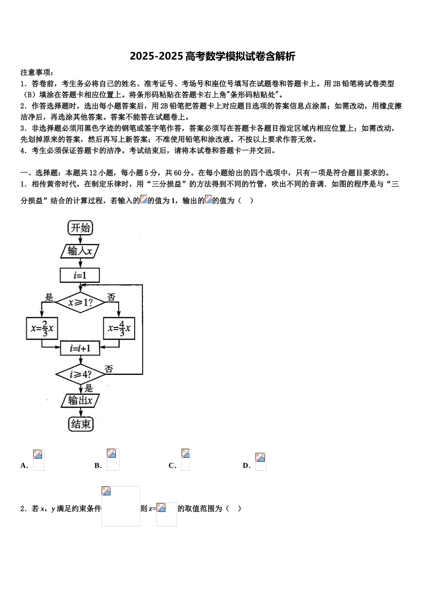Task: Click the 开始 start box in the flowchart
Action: point(81,228)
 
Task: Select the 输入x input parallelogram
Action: point(80,251)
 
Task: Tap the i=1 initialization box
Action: point(80,275)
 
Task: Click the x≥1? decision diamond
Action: point(80,303)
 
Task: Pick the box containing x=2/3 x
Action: point(42,328)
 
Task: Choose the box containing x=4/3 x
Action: point(119,328)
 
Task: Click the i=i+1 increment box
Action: point(80,348)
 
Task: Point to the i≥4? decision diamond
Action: point(80,374)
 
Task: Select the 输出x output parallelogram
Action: point(80,400)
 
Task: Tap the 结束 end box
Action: point(81,424)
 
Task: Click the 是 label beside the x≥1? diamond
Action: point(49,297)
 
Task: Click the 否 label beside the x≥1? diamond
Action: point(111,297)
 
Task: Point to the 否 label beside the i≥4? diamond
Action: point(109,369)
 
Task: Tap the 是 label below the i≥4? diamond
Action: point(89,388)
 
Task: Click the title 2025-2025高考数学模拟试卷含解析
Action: point(212,56)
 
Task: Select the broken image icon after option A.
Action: point(38,460)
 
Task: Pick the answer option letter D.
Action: point(246,466)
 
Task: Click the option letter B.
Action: point(98,466)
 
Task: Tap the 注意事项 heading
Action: point(37,73)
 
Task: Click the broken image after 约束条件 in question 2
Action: point(120,506)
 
